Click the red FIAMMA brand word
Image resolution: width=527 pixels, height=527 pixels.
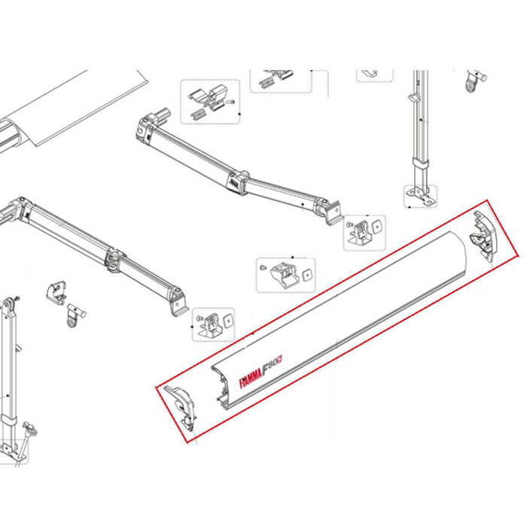(257, 377)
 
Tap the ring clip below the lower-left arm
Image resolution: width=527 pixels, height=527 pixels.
(74, 315)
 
